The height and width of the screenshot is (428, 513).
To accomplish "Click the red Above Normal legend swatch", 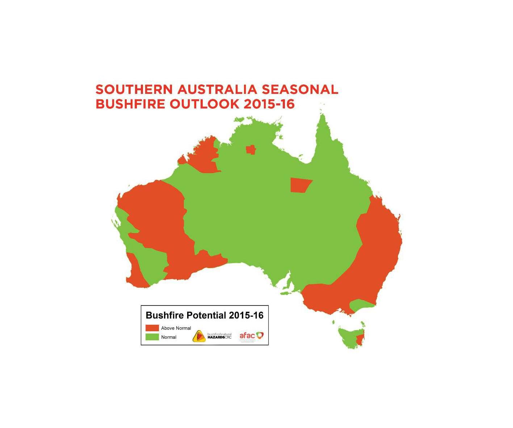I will click(152, 328).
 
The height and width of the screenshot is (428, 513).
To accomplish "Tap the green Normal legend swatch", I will click(152, 337).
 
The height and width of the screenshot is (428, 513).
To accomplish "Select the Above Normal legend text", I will click(176, 328).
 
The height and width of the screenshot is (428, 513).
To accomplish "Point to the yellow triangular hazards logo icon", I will click(199, 336).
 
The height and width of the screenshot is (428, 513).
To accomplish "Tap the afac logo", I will click(251, 336).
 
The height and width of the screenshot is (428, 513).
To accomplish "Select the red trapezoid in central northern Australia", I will click(300, 185).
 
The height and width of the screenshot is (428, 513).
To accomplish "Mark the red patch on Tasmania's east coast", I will click(360, 340).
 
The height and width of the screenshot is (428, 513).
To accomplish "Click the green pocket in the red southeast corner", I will click(360, 305).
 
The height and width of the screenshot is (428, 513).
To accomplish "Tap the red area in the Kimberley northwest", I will click(205, 158).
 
